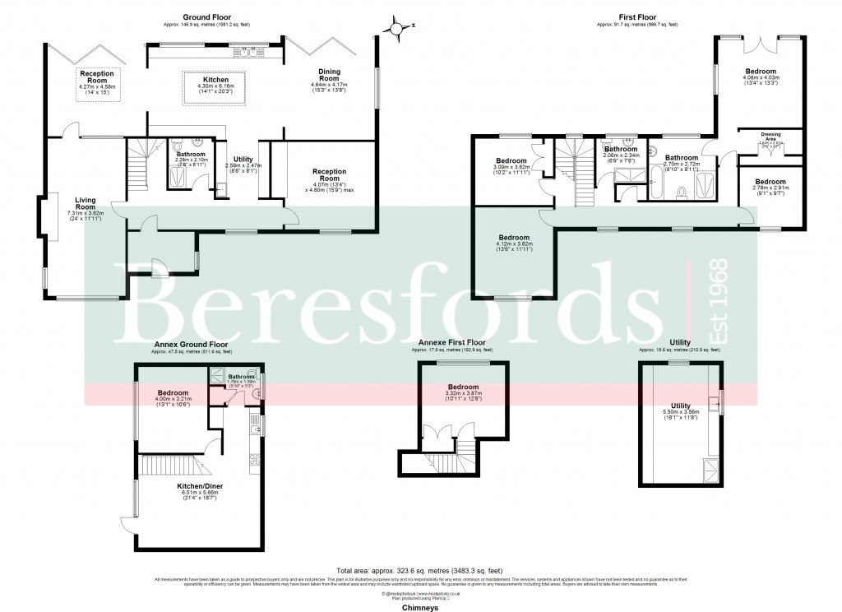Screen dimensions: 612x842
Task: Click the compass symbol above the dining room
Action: point(397,30)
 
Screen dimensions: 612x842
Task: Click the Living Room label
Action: point(86,203)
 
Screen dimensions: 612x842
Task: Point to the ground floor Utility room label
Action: point(243,159)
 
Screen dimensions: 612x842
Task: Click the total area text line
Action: point(419,570)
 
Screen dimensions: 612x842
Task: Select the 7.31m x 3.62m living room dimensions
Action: point(86,213)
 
